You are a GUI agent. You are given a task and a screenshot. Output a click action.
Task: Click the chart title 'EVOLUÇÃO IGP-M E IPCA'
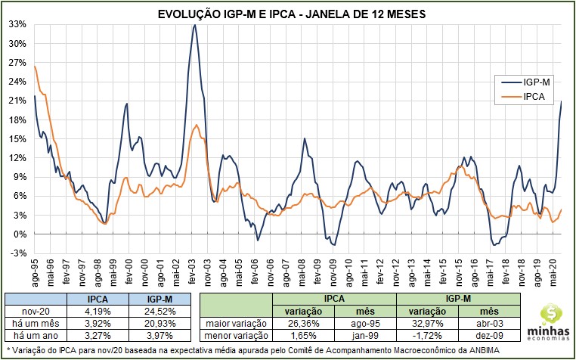292,14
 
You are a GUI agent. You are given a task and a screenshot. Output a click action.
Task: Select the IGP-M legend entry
533,82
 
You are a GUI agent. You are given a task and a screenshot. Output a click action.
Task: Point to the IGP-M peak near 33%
195,26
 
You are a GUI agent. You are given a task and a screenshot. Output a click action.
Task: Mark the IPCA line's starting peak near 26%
35,67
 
